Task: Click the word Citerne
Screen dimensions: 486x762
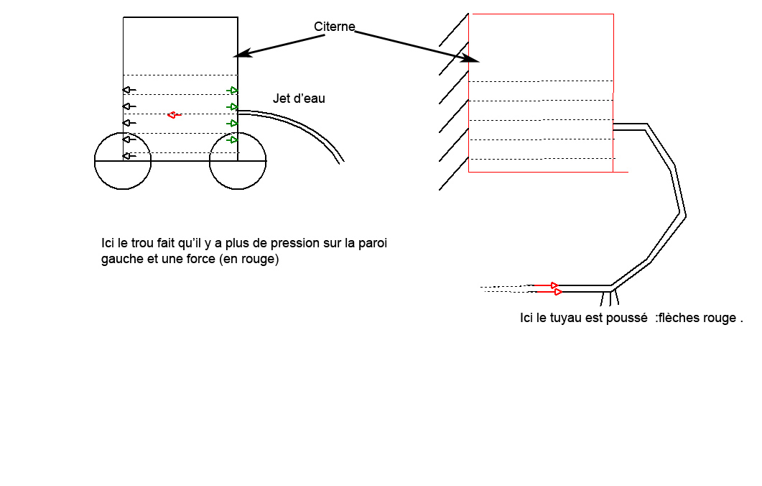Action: (x=335, y=27)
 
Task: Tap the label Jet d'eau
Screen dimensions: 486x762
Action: (x=299, y=98)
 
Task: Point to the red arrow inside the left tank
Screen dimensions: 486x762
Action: (x=173, y=115)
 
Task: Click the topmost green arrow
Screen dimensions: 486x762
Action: (x=232, y=90)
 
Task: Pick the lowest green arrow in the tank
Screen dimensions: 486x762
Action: (x=232, y=139)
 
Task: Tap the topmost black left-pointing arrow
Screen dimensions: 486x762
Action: (x=129, y=90)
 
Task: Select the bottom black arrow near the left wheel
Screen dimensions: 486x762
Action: (x=129, y=156)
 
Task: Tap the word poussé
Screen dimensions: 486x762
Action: (x=630, y=318)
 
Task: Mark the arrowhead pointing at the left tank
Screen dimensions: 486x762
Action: (x=241, y=54)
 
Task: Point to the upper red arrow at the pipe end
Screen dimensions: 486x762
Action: (x=554, y=285)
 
